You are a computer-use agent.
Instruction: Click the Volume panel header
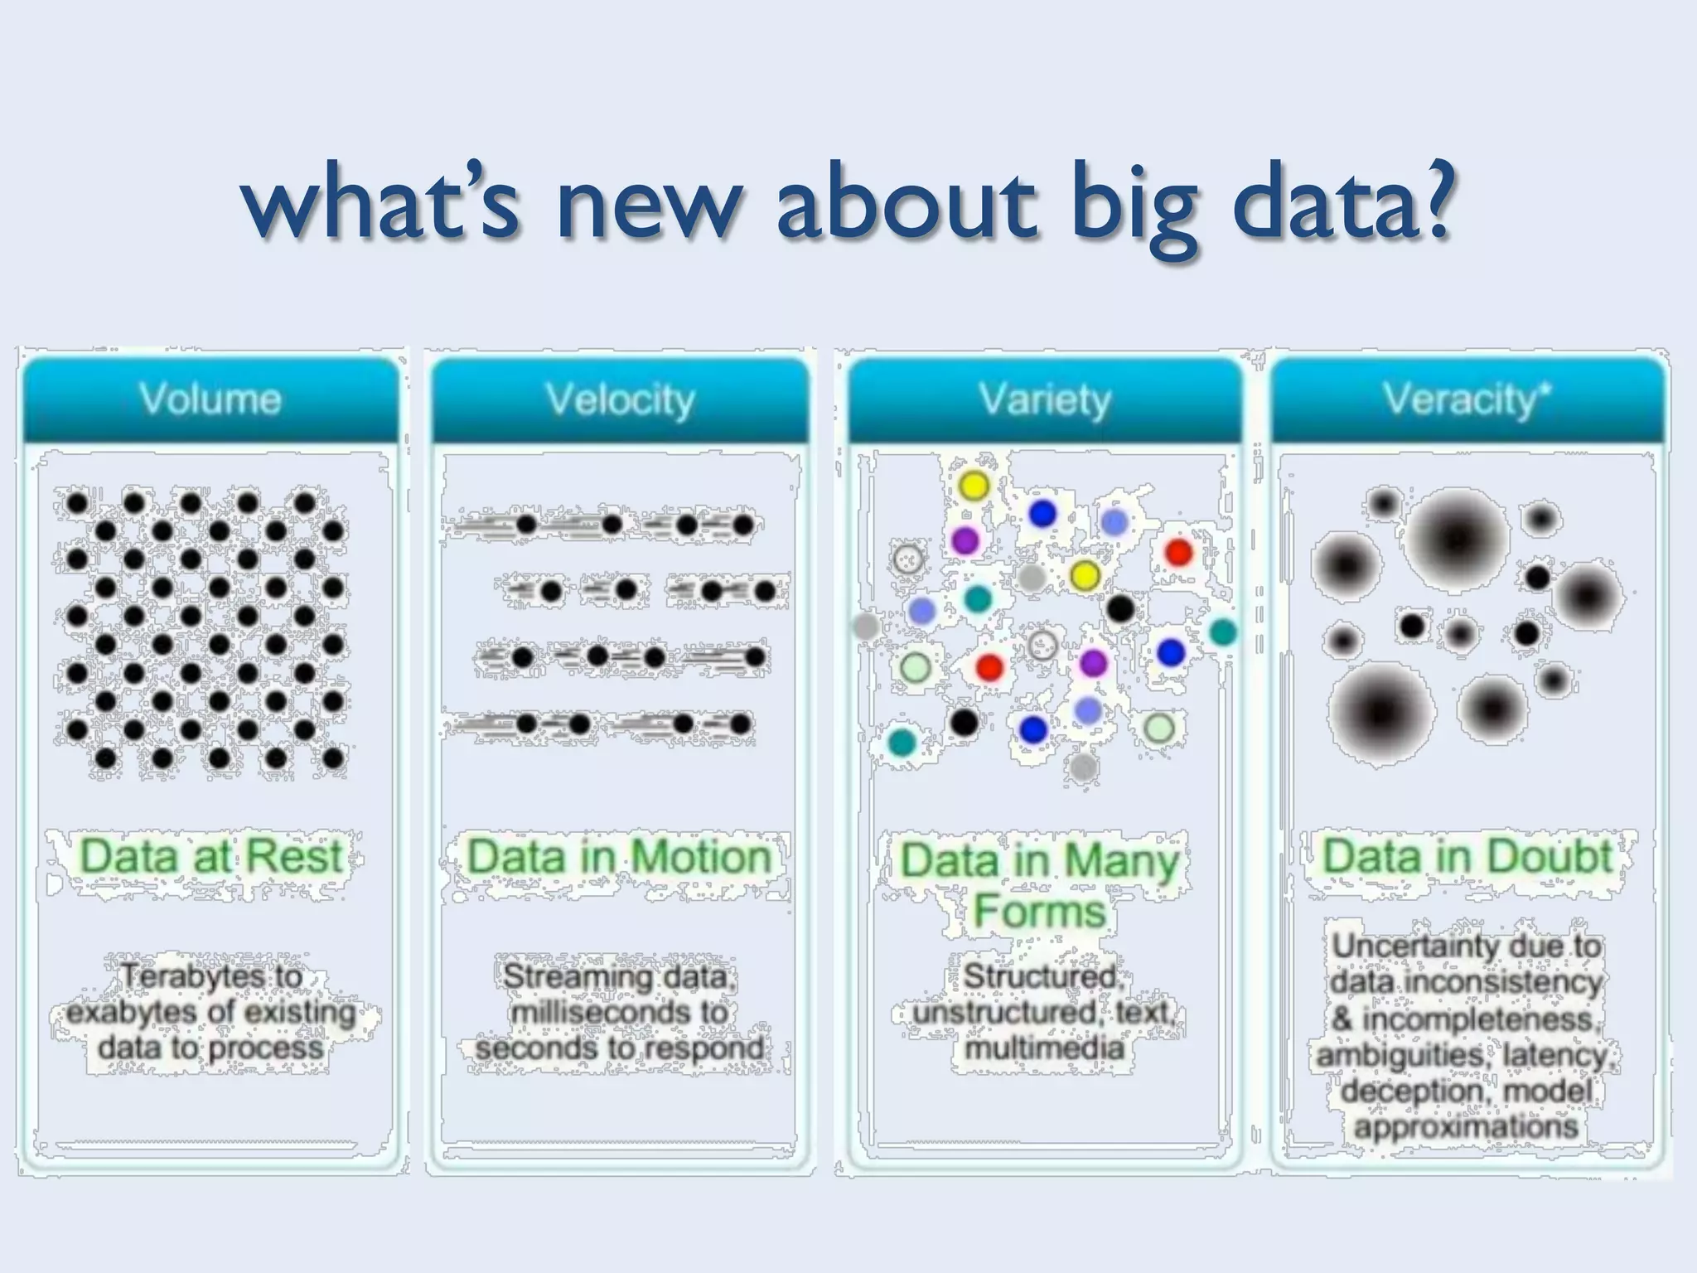click(210, 399)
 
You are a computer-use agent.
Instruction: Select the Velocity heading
click(620, 399)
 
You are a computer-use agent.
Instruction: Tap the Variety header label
click(1045, 399)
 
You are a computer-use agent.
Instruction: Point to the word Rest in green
click(295, 855)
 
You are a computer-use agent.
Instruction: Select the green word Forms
click(1039, 911)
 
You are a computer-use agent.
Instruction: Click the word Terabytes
click(212, 976)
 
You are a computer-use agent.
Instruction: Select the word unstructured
click(1004, 1012)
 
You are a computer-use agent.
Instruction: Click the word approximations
click(1466, 1127)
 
